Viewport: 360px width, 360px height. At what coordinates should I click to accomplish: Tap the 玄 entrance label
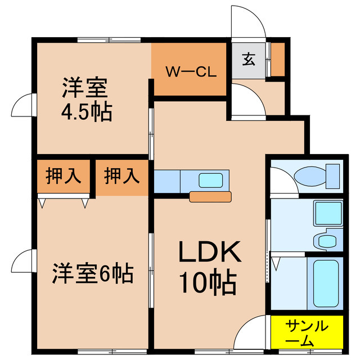247,58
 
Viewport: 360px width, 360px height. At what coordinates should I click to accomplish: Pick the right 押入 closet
121,176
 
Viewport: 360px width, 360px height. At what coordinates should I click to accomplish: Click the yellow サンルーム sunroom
307,332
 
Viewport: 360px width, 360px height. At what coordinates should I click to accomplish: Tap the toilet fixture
317,176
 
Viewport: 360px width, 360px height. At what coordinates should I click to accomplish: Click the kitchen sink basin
210,180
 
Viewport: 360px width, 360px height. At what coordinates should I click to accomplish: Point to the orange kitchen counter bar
211,197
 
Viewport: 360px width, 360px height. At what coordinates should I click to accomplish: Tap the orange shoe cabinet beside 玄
277,58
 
